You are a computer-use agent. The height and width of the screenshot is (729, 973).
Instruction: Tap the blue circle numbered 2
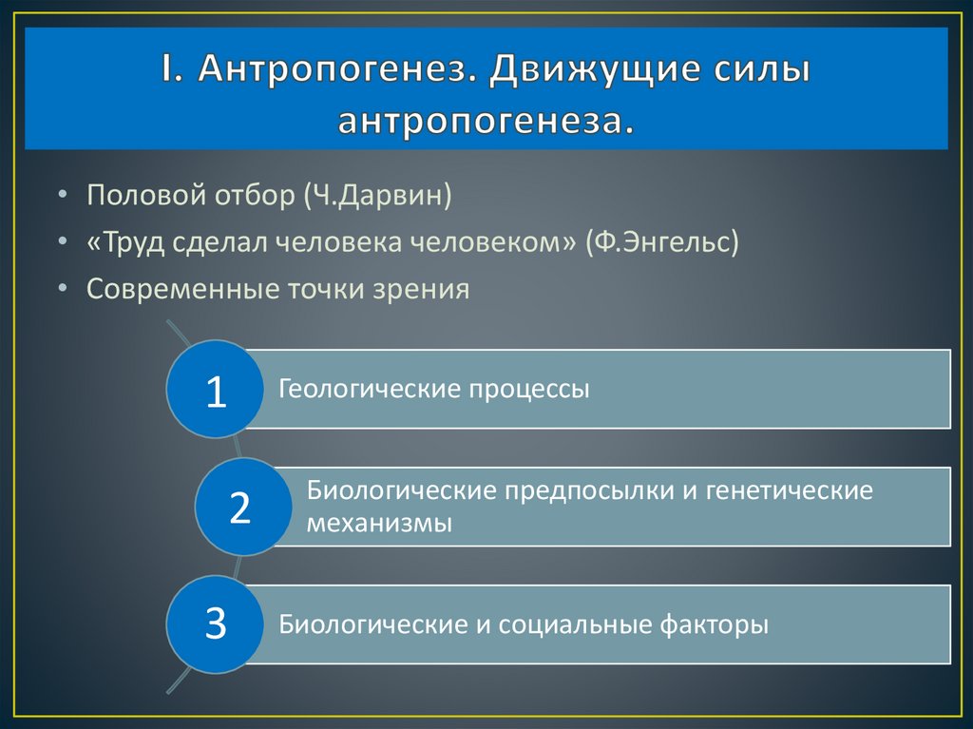[x=240, y=508]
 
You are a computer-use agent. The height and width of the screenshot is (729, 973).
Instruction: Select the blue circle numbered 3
[x=216, y=624]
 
